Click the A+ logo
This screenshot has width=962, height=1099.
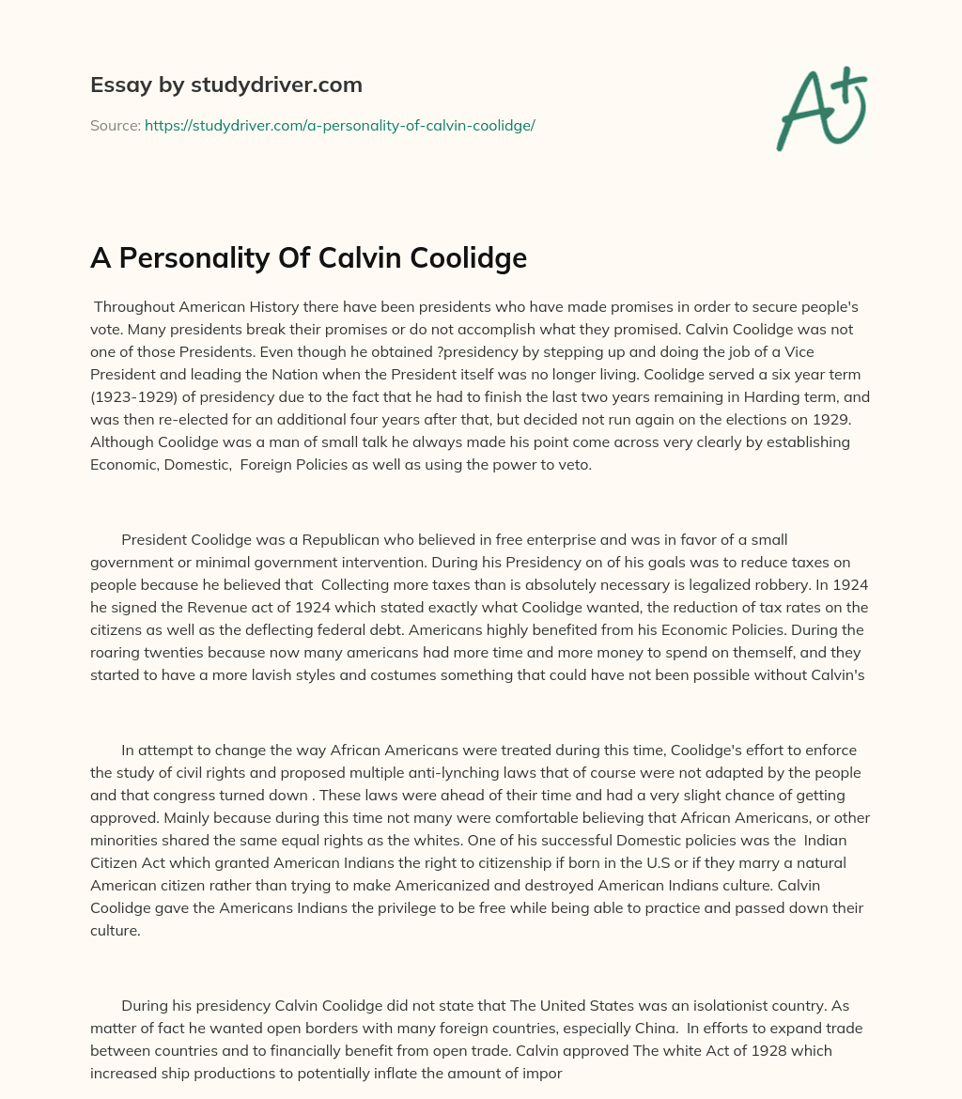820,110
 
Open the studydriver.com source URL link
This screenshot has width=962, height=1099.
339,125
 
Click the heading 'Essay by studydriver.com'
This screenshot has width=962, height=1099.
225,85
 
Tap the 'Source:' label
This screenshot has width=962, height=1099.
116,125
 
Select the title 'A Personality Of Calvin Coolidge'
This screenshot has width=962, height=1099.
308,257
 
